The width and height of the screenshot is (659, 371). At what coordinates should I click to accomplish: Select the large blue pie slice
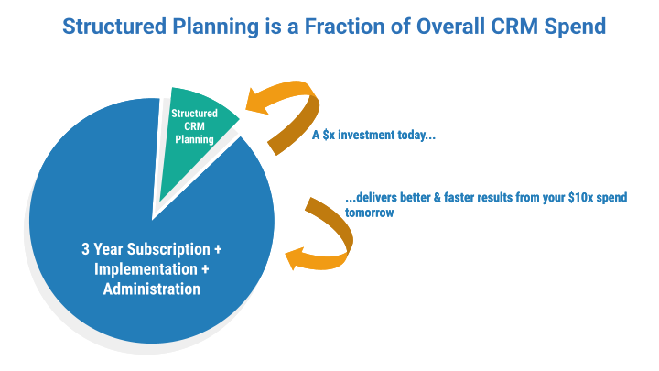(x=151, y=235)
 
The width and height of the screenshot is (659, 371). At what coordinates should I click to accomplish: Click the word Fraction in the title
(x=345, y=26)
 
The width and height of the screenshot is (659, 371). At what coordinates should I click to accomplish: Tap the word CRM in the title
(x=514, y=26)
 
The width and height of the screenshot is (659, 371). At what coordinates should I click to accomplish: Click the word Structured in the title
(x=114, y=26)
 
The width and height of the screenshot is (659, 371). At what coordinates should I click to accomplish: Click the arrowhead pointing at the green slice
(x=257, y=101)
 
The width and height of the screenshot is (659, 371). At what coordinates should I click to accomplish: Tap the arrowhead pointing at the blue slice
(x=296, y=258)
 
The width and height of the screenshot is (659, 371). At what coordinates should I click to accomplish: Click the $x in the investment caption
(x=329, y=135)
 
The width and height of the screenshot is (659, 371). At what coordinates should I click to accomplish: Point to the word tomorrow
(x=370, y=213)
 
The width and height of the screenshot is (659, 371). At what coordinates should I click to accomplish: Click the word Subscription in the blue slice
(x=168, y=249)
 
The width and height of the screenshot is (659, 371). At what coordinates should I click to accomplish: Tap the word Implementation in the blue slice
(x=146, y=269)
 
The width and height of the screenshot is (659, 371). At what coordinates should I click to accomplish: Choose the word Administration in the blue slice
(x=152, y=289)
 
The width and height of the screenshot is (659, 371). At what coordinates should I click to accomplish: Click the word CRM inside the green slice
(x=194, y=126)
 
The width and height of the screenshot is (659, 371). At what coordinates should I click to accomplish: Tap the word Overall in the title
(x=450, y=26)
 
